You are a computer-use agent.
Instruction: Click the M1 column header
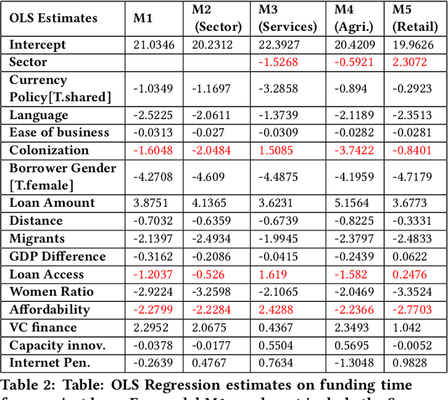(143, 18)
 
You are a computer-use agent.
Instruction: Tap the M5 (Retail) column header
(414, 18)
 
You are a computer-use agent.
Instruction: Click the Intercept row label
(38, 44)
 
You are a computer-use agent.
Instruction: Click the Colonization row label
(49, 150)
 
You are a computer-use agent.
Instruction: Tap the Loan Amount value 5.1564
(353, 203)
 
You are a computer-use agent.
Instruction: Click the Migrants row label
(36, 239)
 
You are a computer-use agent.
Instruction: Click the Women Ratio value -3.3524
(415, 292)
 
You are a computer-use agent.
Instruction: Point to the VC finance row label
(43, 327)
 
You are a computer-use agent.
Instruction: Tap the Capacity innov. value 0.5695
(353, 345)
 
